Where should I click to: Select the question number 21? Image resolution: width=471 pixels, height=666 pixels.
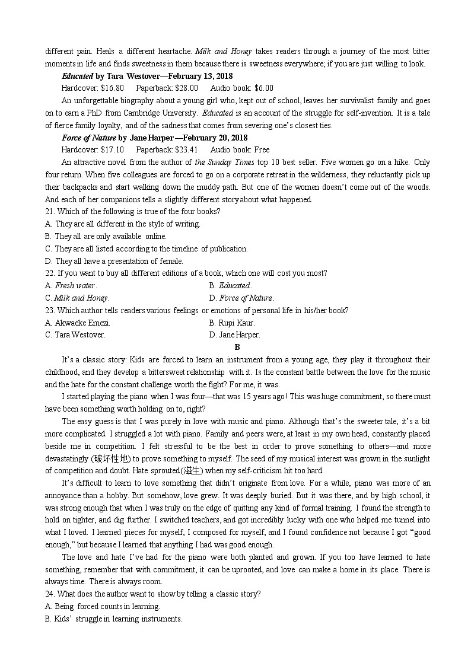[50, 212]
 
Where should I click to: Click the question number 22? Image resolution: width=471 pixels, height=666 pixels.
[50, 273]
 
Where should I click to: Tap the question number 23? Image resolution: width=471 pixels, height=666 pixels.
[50, 310]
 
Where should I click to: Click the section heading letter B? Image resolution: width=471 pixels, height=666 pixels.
[237, 348]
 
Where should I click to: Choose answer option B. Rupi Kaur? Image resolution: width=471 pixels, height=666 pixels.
[232, 323]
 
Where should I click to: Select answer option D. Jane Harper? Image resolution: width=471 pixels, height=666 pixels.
[234, 335]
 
